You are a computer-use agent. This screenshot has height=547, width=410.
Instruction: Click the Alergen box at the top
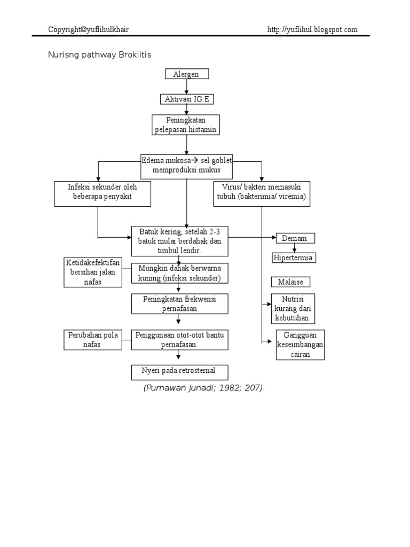click(186, 74)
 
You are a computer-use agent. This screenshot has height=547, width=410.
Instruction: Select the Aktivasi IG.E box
click(186, 99)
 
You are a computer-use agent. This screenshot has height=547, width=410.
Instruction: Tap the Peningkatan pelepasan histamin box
click(186, 125)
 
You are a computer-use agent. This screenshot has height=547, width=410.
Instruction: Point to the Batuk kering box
click(180, 240)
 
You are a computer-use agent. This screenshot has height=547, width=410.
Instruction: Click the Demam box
click(295, 238)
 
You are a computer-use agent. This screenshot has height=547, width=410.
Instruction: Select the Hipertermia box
click(294, 258)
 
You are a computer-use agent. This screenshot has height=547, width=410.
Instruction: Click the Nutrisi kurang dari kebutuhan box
click(293, 308)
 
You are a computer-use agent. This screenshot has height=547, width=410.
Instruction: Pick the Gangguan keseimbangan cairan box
click(299, 345)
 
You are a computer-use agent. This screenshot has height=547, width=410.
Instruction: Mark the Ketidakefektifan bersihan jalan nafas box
click(93, 271)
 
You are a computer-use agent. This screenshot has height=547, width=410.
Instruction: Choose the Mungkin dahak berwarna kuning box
click(180, 272)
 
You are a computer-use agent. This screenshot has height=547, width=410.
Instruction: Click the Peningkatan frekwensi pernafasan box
click(180, 303)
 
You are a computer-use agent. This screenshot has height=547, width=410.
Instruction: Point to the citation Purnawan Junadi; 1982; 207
click(204, 388)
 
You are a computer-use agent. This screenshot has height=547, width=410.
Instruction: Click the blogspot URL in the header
click(312, 30)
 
